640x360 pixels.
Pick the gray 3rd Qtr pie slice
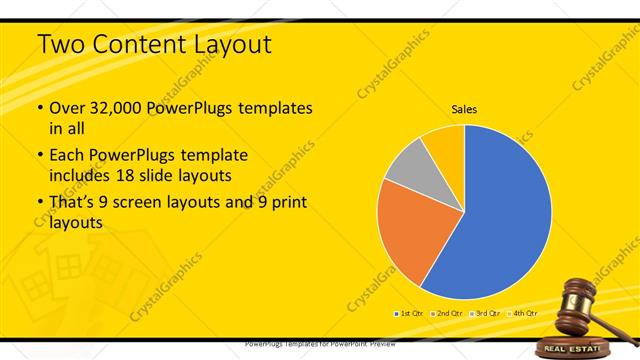coord(405,169)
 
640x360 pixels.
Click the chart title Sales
coord(464,108)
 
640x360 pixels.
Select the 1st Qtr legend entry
coord(409,314)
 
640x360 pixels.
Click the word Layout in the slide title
coord(224,45)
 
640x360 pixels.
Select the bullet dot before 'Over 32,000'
coord(39,109)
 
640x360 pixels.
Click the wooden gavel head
coord(575,293)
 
